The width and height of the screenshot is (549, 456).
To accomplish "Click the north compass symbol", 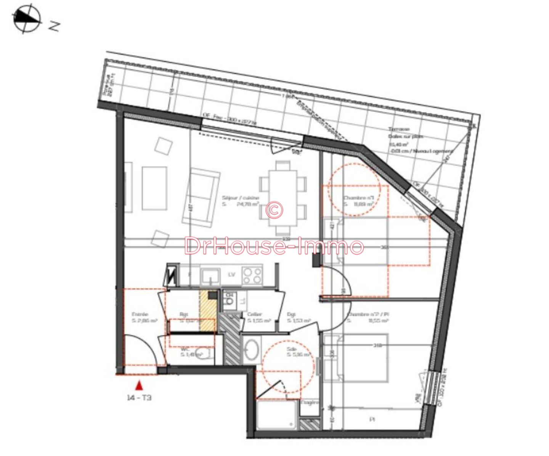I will pos(27,19).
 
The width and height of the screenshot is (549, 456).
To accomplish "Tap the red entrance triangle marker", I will pos(140,386).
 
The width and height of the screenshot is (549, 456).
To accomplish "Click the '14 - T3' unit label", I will pos(140,398).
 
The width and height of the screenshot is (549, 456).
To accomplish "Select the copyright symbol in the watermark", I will pos(274,209).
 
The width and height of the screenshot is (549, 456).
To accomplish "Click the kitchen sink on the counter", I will pos(210,275).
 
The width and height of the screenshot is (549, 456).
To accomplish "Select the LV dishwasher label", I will pos(231,275).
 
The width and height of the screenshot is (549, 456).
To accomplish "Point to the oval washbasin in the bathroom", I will pos(251,349).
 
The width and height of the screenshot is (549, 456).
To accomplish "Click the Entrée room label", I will pos(140,315).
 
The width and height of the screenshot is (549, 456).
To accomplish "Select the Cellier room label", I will pos(255,315).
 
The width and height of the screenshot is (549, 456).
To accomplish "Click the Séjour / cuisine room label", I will pos(241,198).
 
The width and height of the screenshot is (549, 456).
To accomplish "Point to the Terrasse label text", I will pos(399,129).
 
